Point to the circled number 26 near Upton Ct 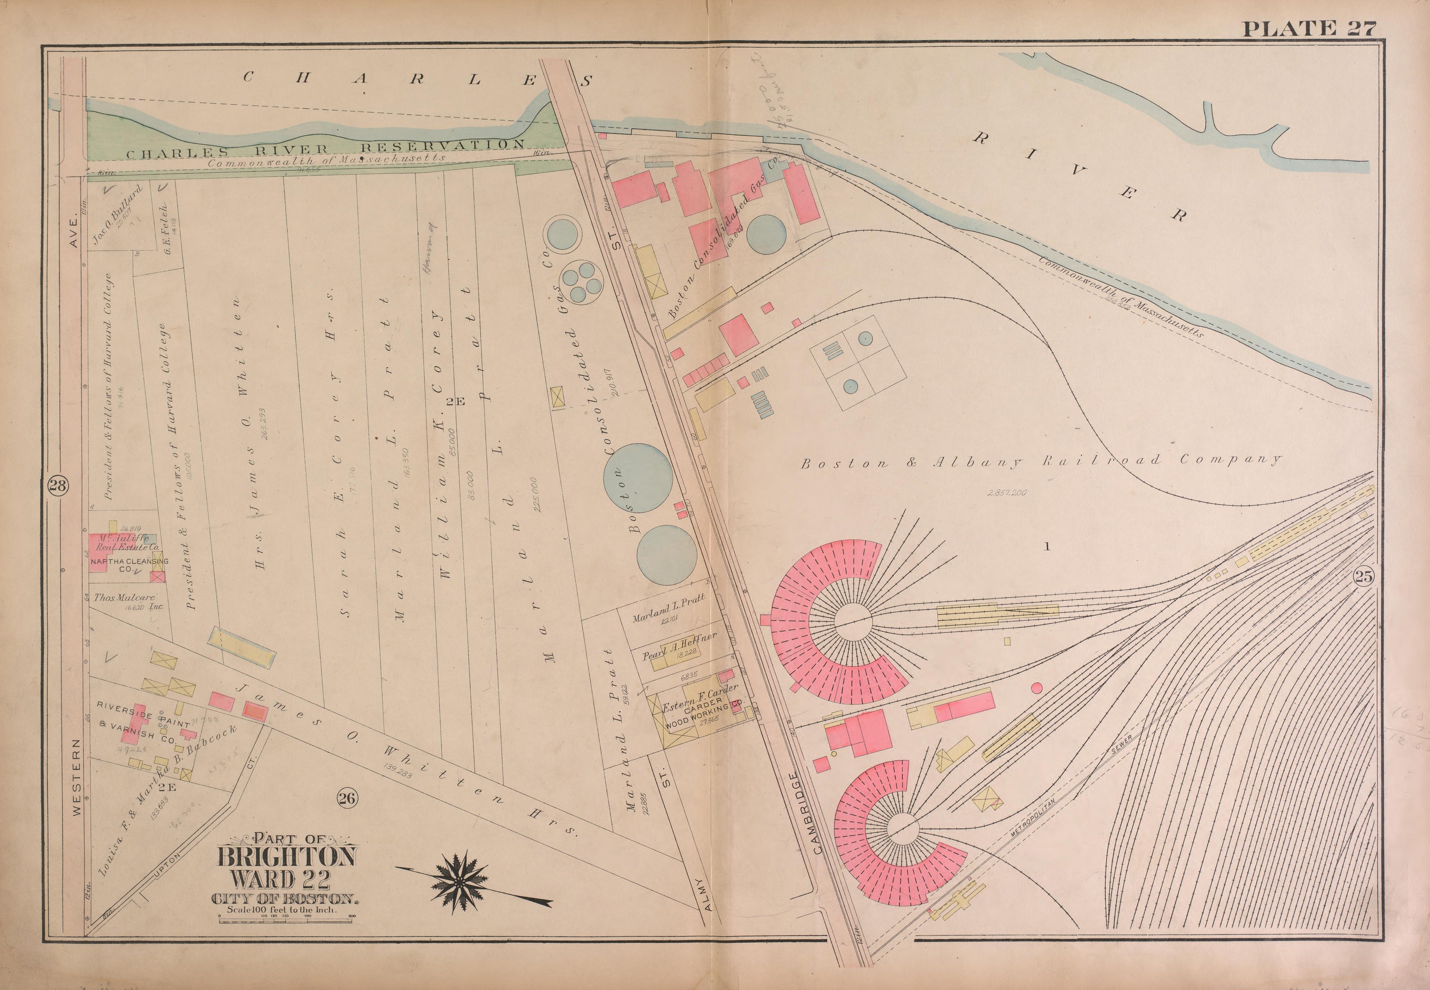point(346,798)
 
